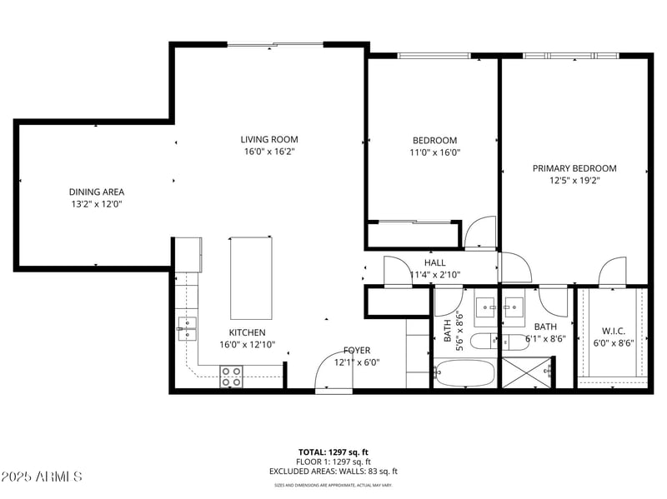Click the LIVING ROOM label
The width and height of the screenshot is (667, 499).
click(269, 140)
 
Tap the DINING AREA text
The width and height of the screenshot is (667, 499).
click(97, 191)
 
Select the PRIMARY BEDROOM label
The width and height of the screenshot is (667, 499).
click(574, 168)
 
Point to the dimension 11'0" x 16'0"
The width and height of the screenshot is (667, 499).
click(435, 152)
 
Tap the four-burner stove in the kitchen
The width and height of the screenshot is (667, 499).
click(231, 377)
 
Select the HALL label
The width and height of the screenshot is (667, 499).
click(435, 262)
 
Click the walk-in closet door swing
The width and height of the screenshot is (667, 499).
click(613, 272)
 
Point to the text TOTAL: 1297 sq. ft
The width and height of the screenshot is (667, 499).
click(333, 452)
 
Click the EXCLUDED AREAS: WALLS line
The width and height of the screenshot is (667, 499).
click(333, 472)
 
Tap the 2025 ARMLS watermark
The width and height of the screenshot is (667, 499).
click(42, 477)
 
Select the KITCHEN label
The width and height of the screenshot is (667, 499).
click(248, 332)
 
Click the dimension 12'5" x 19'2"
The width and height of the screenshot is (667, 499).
click(574, 180)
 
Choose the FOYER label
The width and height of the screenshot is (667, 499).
click(357, 351)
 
